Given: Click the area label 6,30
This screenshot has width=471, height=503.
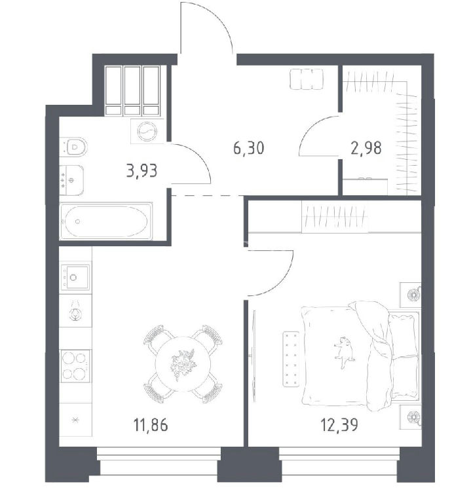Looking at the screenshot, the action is [249, 148].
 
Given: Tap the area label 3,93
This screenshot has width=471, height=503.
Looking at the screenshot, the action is [141, 171].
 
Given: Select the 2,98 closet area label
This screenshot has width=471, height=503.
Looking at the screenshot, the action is [366, 148].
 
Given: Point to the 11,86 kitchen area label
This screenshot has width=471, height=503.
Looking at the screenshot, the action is [151, 425].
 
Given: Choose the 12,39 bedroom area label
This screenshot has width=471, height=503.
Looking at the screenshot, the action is [339, 424].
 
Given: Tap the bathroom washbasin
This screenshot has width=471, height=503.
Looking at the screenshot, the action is [71, 180].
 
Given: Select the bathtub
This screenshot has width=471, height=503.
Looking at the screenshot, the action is [105, 221].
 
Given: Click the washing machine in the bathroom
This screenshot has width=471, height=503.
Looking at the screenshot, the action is [147, 131].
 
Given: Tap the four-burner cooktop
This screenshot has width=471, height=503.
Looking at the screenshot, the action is [75, 365].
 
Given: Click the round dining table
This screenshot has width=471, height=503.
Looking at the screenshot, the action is [183, 363].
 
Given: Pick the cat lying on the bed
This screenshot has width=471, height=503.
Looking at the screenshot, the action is [344, 352].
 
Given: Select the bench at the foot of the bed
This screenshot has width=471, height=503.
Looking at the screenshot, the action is [291, 359].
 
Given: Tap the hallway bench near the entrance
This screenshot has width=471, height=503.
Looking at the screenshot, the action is [307, 79].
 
